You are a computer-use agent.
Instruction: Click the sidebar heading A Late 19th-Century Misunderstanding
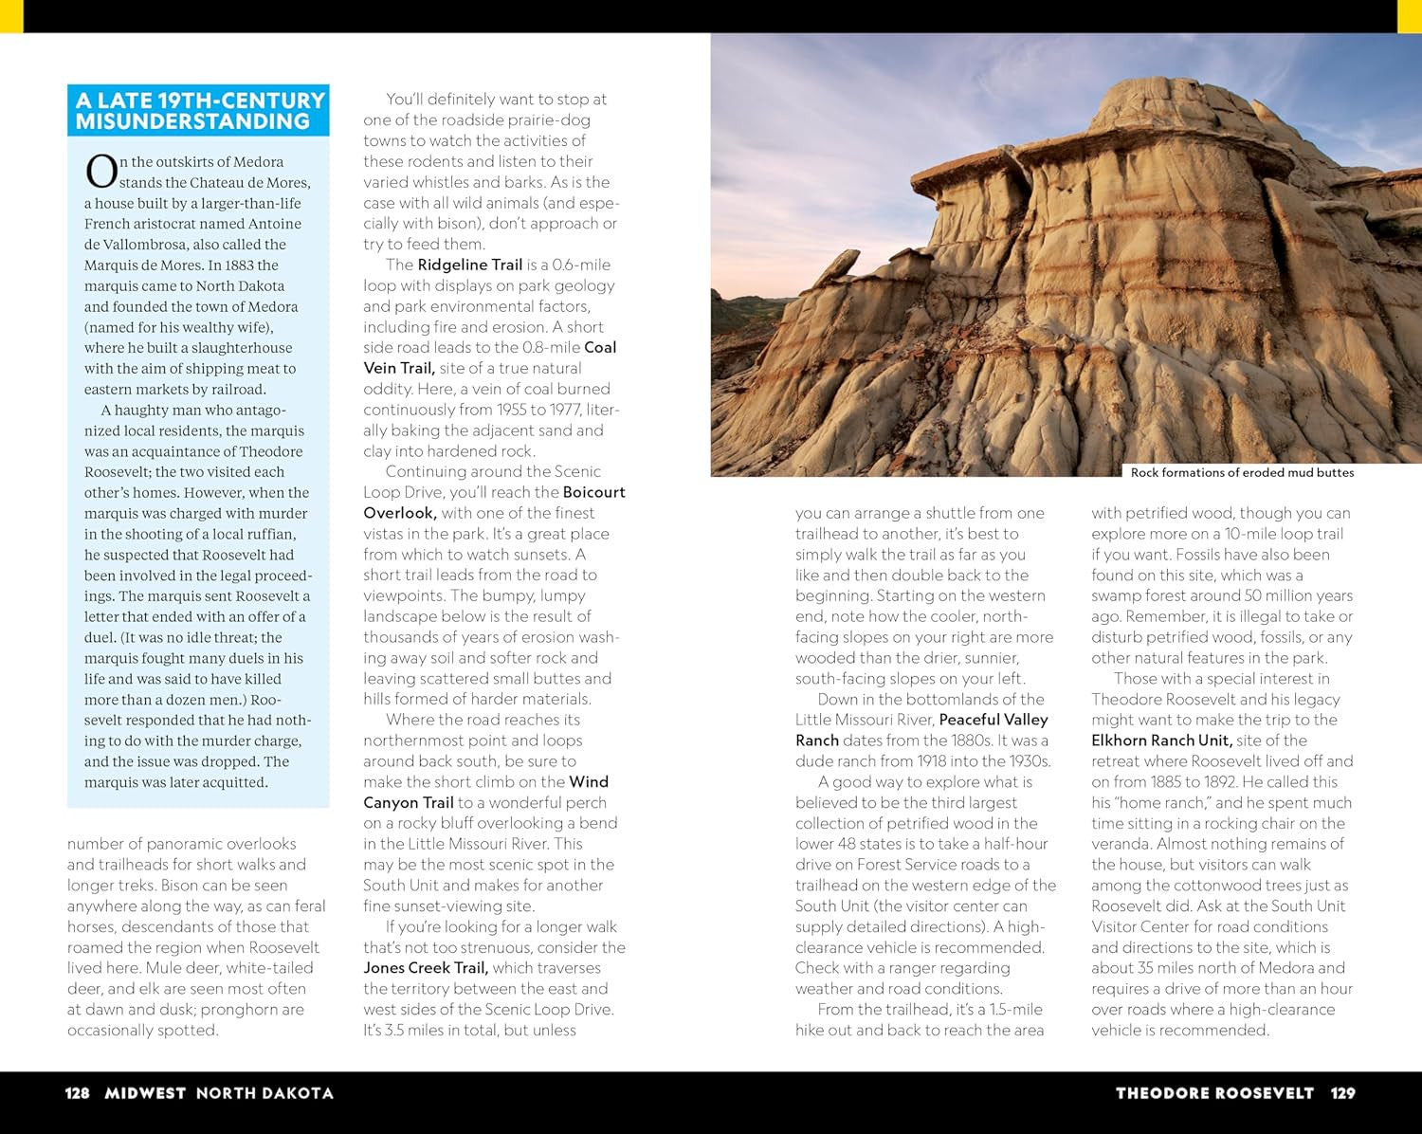point(199,111)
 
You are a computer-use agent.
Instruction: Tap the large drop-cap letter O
point(100,173)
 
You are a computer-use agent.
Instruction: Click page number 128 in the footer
point(77,1093)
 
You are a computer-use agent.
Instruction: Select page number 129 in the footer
point(1342,1093)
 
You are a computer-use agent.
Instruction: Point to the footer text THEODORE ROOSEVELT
point(1214,1093)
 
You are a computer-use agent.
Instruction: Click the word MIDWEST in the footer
point(145,1093)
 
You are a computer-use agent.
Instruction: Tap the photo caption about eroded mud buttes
point(1242,472)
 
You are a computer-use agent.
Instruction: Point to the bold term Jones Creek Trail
point(425,968)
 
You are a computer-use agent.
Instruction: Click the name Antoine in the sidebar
point(275,224)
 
